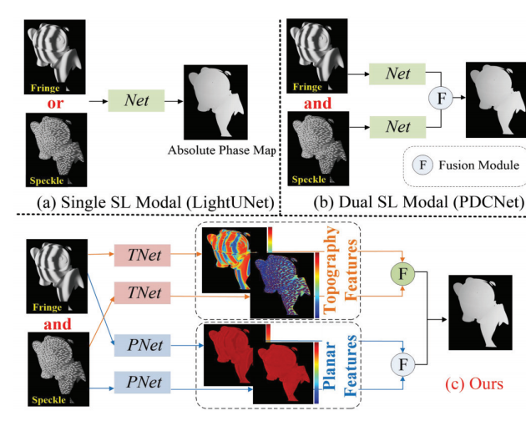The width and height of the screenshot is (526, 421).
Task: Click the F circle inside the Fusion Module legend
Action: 423,165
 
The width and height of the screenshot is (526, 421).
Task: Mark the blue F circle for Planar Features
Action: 404,363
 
